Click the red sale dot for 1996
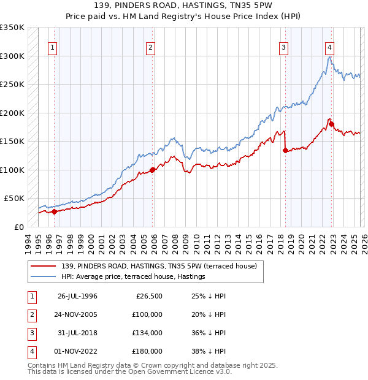tap(55, 212)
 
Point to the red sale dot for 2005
tap(153, 170)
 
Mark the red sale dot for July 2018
tap(285, 150)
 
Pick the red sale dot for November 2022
tap(331, 124)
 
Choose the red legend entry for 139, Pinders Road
tap(163, 266)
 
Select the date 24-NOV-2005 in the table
tap(78, 314)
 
